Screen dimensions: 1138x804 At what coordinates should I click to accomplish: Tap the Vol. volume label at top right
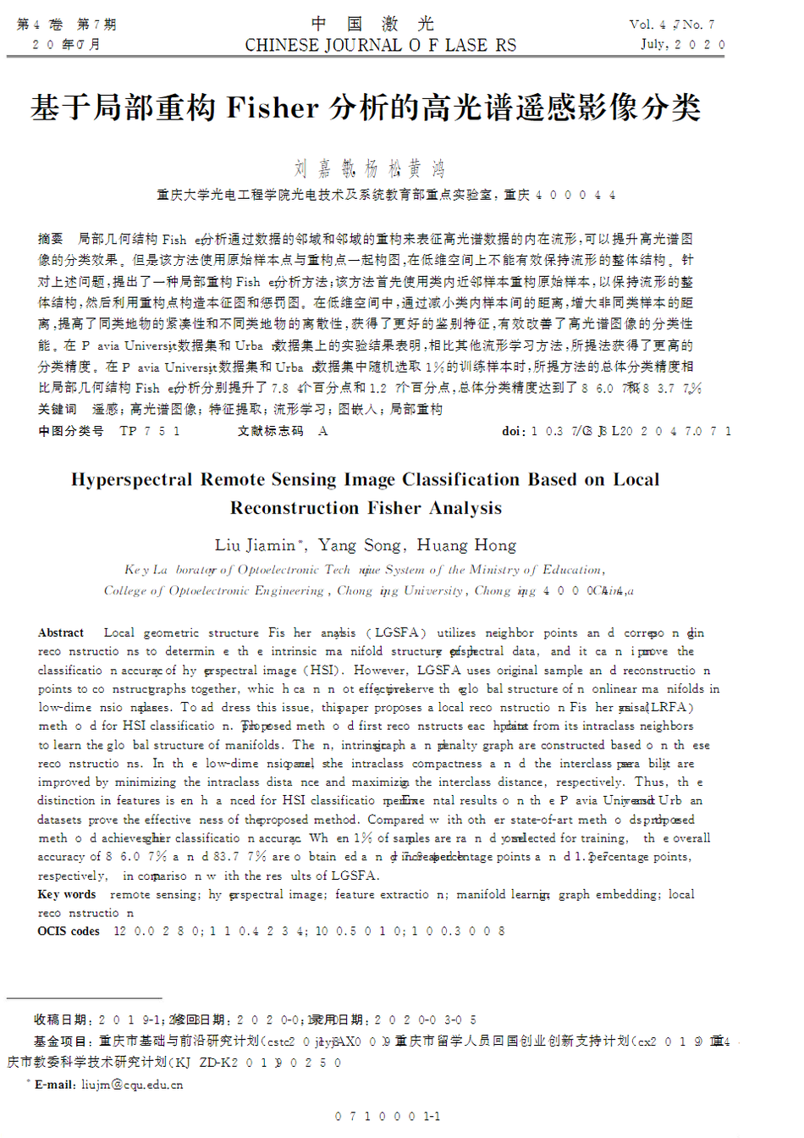642,25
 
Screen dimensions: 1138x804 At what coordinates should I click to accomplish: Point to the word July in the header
654,44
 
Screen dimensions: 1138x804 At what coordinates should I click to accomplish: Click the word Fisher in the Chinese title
273,108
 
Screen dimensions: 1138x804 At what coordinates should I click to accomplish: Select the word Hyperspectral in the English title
132,480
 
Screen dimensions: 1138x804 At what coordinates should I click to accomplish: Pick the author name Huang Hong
466,545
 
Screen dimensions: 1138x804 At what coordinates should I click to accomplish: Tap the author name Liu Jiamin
255,545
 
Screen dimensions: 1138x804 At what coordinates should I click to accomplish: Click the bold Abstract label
61,633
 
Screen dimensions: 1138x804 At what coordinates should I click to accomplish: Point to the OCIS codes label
69,931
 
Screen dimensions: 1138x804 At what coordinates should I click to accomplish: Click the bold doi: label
513,431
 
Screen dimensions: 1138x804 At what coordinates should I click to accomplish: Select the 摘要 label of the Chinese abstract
51,240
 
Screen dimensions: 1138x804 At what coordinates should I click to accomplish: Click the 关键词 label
57,410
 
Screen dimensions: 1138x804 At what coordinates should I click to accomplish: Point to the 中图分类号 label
71,431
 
